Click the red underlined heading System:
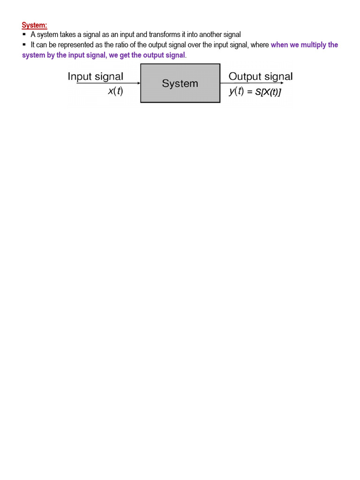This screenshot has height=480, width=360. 35,25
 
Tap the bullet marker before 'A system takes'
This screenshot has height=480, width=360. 24,35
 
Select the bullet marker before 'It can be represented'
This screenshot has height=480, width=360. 24,45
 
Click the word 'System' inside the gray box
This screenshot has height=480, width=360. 180,83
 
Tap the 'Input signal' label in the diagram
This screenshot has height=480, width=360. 96,76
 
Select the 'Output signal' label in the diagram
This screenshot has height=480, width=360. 260,76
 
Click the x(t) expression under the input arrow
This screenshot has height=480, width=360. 115,91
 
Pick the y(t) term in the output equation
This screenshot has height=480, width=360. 236,91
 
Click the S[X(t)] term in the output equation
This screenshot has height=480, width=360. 268,92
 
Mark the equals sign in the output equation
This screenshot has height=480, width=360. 250,92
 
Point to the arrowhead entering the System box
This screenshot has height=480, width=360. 139,83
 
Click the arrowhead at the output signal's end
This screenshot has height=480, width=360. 282,83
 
